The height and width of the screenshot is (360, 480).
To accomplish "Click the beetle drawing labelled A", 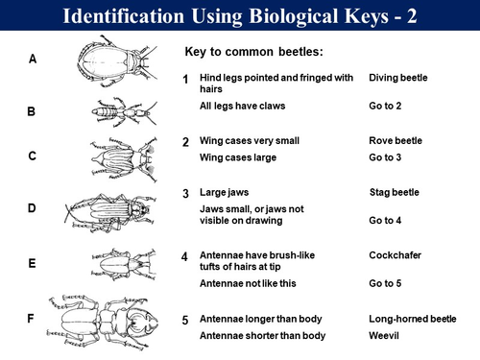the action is (117, 61).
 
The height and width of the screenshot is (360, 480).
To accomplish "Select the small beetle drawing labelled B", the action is (124, 112).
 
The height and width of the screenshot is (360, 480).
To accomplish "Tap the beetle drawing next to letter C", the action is (124, 159).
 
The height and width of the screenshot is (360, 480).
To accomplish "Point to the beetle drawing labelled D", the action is (110, 212).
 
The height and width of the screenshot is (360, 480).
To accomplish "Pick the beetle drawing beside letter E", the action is (124, 264).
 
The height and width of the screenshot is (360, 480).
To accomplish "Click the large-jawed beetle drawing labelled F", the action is (103, 322).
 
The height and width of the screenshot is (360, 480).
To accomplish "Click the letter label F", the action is (31, 319).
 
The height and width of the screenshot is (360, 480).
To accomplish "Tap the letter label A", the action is (33, 60).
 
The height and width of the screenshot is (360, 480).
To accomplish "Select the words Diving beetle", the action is (398, 78).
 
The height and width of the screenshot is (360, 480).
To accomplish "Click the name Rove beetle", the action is (396, 141).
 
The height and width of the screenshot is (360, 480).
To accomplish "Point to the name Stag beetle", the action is (395, 192).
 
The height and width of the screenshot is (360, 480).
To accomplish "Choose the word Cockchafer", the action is (395, 255).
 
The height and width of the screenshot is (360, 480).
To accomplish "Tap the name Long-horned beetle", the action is (413, 319).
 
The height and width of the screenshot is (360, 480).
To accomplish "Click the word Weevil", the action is (384, 336).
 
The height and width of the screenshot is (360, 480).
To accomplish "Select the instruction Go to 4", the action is (385, 221).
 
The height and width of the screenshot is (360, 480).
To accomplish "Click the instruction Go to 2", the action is (385, 106).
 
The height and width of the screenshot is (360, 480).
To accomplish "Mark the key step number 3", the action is (185, 194).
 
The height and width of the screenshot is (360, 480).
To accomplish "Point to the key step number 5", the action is (185, 321).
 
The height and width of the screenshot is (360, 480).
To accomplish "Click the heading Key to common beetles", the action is (254, 52).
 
